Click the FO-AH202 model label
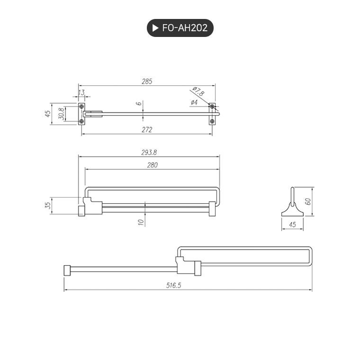(x=185, y=28)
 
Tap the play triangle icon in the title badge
(x=155, y=28)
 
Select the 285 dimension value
(x=147, y=81)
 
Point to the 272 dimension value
(x=147, y=129)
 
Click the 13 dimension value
(x=81, y=92)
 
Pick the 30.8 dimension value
(x=61, y=114)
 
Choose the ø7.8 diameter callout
(x=198, y=91)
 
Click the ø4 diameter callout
(x=194, y=102)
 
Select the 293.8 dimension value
(x=149, y=153)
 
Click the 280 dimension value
(x=152, y=165)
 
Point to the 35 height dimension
(x=47, y=206)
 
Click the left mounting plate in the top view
(x=81, y=114)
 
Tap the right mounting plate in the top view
(x=212, y=114)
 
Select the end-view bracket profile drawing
(x=292, y=205)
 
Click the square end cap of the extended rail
(x=67, y=270)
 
